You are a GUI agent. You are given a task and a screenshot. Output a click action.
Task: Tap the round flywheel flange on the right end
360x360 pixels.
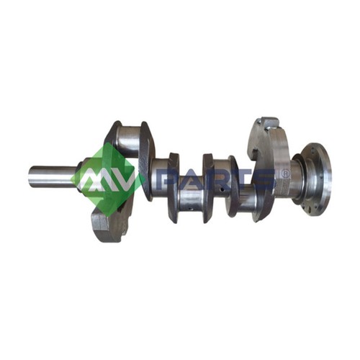(x=316, y=179)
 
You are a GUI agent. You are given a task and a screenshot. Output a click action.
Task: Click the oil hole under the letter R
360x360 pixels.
(x=222, y=189)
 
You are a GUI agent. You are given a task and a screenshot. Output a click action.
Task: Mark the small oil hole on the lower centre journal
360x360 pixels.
(x=190, y=209)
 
